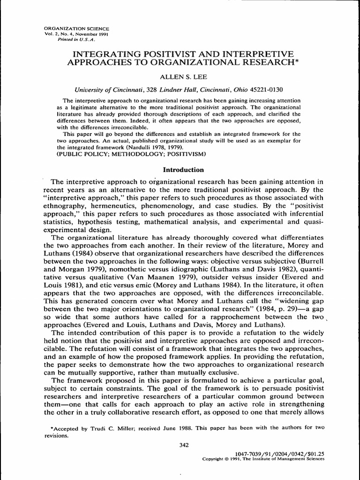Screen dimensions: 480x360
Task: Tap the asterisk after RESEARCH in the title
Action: pyautogui.click(x=293, y=60)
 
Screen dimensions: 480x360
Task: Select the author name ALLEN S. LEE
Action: pyautogui.click(x=180, y=75)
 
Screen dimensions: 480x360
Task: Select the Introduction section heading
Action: pyautogui.click(x=180, y=169)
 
